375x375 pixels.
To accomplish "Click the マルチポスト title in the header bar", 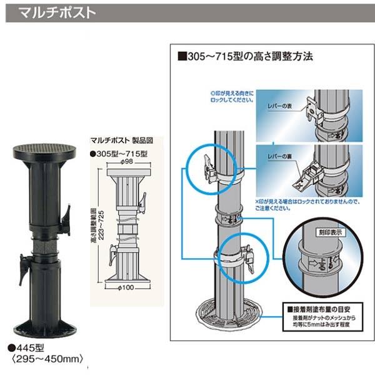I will (57, 12).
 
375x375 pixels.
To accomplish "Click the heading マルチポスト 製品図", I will (117, 141).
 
